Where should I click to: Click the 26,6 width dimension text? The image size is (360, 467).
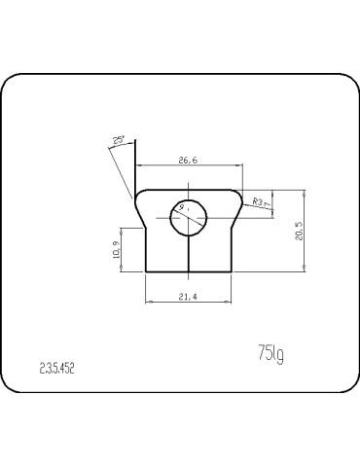(x=188, y=161)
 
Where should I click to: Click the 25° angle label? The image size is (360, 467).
(x=119, y=141)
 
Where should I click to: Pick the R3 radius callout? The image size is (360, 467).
(x=260, y=201)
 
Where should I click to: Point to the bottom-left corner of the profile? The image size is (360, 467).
(x=145, y=272)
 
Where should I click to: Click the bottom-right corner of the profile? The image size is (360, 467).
(x=230, y=272)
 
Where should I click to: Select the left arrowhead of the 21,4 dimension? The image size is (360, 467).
(x=148, y=303)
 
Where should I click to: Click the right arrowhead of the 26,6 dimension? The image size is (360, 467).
(x=238, y=168)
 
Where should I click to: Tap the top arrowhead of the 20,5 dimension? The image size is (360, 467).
(x=306, y=193)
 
